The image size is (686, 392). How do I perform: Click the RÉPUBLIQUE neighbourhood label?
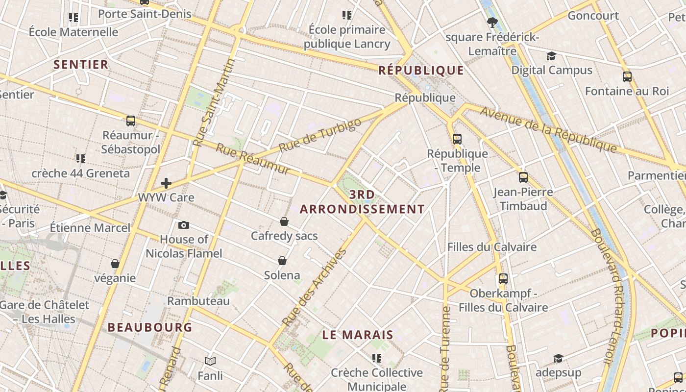coord(421,71)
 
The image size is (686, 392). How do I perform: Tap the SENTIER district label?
coord(81,65)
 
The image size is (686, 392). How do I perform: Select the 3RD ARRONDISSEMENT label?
coord(362,202)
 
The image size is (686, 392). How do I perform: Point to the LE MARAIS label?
coord(358,335)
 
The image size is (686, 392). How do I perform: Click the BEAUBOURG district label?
coord(150,327)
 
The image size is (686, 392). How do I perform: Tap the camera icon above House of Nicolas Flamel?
coord(184,225)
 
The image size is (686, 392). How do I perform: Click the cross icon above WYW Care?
coord(166,183)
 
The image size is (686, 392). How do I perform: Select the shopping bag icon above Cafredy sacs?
coord(284,221)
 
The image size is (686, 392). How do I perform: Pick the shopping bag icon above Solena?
coord(282,260)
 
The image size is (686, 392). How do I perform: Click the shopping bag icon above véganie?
coord(115,264)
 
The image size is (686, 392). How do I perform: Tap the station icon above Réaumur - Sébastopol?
coord(131,121)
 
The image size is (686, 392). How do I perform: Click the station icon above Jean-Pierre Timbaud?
coord(523,177)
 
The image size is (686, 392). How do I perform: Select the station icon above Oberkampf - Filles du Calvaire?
coord(503,279)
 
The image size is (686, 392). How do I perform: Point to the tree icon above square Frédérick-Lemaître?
coord(492,22)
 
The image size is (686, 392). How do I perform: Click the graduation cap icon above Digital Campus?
coord(552,56)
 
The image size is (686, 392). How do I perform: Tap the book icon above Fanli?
coord(210,361)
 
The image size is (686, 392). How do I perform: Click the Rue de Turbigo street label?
coord(320,135)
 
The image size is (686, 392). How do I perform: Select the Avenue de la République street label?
coord(548,129)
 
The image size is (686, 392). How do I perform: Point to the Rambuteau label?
coord(198,301)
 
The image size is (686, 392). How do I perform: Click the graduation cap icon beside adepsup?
coord(558,358)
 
